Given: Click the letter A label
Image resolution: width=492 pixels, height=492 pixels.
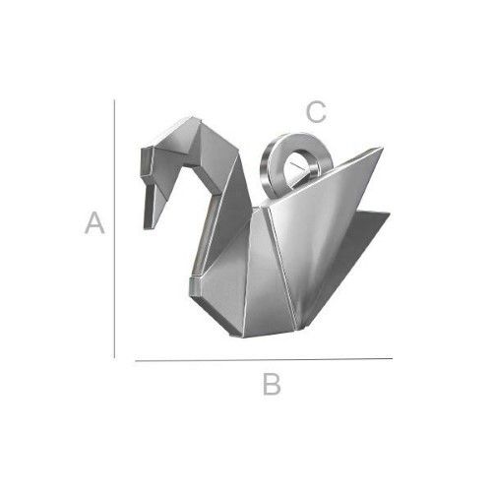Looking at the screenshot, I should pyautogui.click(x=94, y=223).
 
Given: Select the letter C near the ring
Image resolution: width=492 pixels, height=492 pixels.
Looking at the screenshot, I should pyautogui.click(x=316, y=112).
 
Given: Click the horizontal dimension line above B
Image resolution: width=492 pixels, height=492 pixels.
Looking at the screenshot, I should pyautogui.click(x=263, y=360).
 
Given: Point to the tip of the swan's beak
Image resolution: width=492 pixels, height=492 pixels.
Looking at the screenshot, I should pyautogui.click(x=149, y=228).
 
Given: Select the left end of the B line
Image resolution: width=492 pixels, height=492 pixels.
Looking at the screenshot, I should pyautogui.click(x=135, y=360).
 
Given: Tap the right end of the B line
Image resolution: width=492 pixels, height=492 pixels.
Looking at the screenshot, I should pyautogui.click(x=392, y=360).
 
